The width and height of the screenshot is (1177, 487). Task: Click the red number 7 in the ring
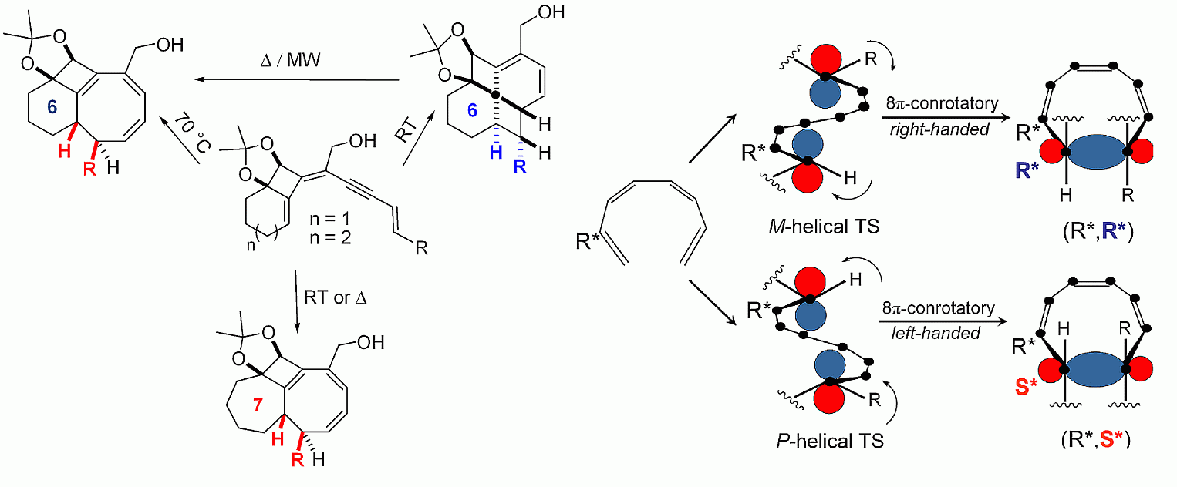click(x=258, y=405)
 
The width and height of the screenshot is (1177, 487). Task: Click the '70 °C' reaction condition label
click(x=192, y=132)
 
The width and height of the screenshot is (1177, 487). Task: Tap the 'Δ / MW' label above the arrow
click(x=291, y=60)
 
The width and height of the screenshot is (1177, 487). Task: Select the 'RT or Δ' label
click(x=336, y=297)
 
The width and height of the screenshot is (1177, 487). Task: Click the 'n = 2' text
click(x=330, y=238)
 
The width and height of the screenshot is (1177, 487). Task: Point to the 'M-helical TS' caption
click(x=824, y=227)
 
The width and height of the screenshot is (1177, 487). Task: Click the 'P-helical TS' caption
click(x=830, y=441)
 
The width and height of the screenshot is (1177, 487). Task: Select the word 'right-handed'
click(x=940, y=129)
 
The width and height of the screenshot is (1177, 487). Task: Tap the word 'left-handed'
click(x=936, y=333)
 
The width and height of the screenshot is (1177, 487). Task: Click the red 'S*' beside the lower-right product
click(x=1026, y=387)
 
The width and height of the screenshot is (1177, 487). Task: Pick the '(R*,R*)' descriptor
click(x=1098, y=231)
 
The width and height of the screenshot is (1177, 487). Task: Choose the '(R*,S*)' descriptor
click(x=1095, y=438)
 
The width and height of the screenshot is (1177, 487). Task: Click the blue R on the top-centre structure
click(x=520, y=166)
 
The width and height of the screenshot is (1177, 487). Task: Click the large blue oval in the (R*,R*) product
click(x=1097, y=153)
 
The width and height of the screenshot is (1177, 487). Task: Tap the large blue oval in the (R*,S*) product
click(x=1095, y=369)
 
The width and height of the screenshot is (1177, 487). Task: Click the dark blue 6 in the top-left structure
click(x=52, y=107)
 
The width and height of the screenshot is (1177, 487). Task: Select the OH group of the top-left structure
click(x=170, y=45)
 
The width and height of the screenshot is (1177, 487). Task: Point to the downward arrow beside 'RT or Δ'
click(x=296, y=302)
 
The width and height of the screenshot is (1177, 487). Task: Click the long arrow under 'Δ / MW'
click(x=297, y=80)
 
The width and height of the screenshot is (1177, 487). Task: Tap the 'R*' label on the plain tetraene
click(x=588, y=241)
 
